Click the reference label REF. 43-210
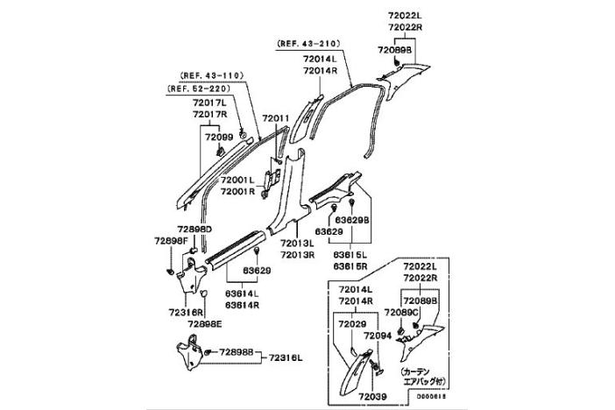[x=307, y=42]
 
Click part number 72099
[x=219, y=137]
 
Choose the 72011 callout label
[x=275, y=117]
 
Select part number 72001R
[x=237, y=191]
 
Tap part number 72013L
[x=298, y=244]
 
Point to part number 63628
[x=329, y=231]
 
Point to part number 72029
[x=350, y=323]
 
